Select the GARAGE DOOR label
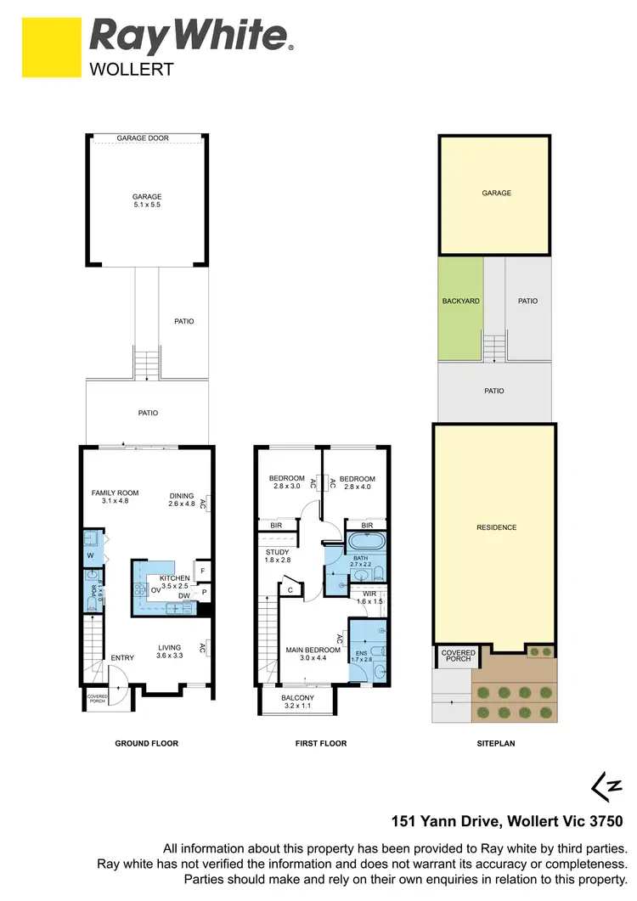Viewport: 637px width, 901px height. pyautogui.click(x=146, y=138)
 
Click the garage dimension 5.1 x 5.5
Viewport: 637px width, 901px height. pyautogui.click(x=146, y=206)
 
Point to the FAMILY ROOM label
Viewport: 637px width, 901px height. pyautogui.click(x=115, y=493)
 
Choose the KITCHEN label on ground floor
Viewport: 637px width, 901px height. pyautogui.click(x=175, y=578)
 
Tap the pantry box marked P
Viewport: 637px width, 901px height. pyautogui.click(x=204, y=592)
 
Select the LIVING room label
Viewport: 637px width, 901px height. pyautogui.click(x=169, y=647)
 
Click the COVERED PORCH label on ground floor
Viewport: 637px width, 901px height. pyautogui.click(x=97, y=699)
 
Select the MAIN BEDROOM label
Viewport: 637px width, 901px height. pyautogui.click(x=313, y=650)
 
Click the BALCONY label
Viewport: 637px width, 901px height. pyautogui.click(x=297, y=698)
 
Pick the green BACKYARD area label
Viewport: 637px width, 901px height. pyautogui.click(x=460, y=301)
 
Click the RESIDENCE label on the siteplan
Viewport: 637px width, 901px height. pyautogui.click(x=496, y=527)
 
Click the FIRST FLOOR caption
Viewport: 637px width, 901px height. pyautogui.click(x=320, y=743)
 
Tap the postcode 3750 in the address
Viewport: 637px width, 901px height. pyautogui.click(x=605, y=820)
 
